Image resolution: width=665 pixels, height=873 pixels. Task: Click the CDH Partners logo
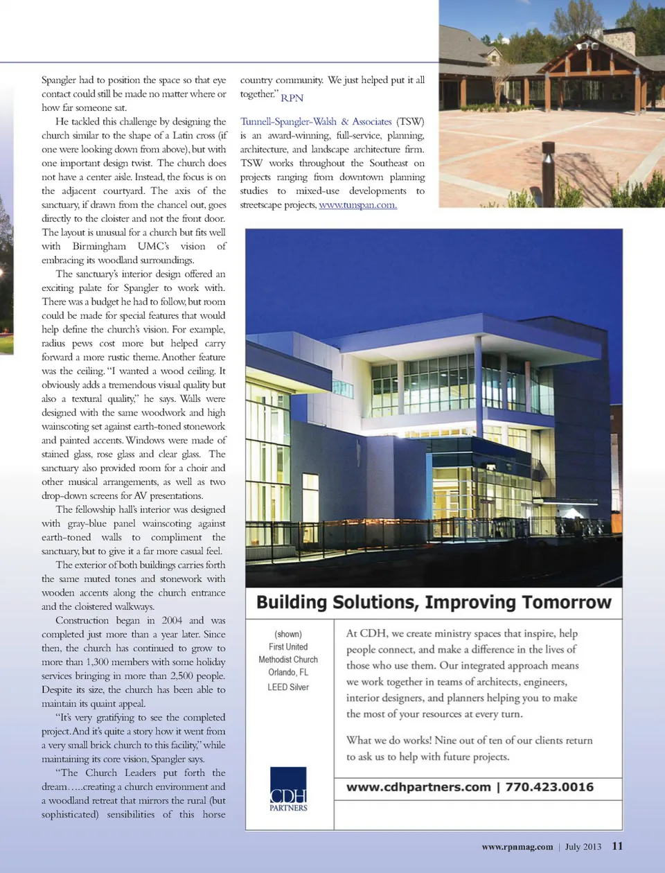coord(288,788)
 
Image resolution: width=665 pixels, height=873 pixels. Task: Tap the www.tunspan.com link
coord(357,205)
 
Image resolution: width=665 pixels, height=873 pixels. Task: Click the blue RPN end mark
coord(292,98)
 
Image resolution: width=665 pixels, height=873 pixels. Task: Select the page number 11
coord(617,846)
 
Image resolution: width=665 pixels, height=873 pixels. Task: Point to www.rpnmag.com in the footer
coord(517,847)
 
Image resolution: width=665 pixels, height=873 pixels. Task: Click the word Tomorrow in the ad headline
coord(567,602)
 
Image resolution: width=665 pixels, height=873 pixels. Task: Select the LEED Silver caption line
coord(288,687)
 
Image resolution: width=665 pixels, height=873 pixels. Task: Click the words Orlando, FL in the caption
coord(288,673)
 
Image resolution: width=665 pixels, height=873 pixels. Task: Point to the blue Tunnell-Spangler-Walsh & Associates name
coord(316,122)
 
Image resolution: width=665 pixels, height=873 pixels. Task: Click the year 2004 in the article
coord(172,621)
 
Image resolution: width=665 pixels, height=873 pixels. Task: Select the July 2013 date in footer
coord(583,847)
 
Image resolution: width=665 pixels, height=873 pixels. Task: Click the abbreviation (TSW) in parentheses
coord(410,122)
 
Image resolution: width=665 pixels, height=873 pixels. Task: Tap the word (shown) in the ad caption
coord(288,634)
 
